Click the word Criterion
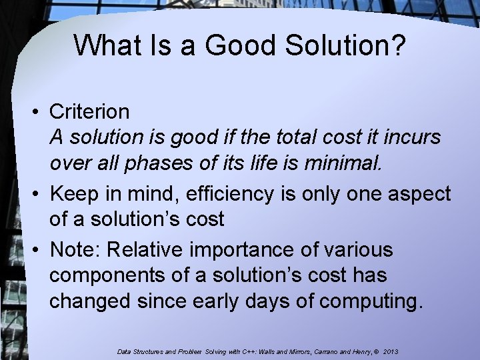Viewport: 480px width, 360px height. [90, 111]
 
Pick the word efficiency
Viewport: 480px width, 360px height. [230, 194]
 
